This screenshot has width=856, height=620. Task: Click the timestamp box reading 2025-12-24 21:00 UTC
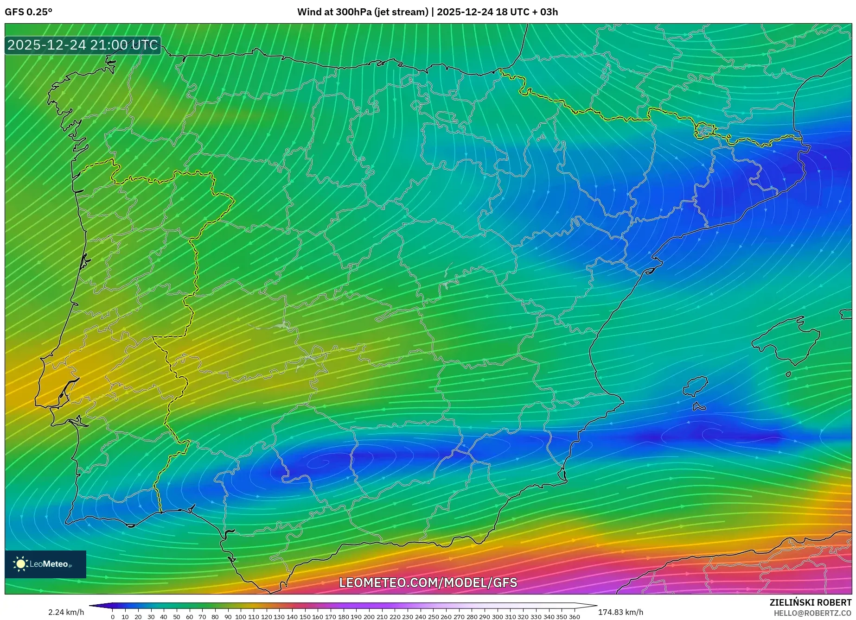click(83, 45)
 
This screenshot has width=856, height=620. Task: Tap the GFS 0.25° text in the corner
click(28, 12)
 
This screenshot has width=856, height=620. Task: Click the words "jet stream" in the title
click(403, 12)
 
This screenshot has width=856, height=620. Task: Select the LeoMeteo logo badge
click(45, 564)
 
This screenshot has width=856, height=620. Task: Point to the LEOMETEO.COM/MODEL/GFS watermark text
click(428, 582)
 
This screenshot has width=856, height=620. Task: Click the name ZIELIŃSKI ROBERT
click(810, 602)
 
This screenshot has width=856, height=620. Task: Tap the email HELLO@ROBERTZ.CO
click(812, 613)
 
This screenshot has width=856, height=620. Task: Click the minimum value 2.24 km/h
click(66, 612)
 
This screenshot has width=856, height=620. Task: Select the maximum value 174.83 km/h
click(620, 612)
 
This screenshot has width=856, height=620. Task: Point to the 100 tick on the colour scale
click(240, 617)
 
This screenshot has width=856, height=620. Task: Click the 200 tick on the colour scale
click(369, 617)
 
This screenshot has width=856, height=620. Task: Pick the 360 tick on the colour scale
click(574, 617)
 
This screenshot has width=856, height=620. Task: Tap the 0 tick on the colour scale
click(113, 617)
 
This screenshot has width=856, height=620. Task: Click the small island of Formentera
click(699, 407)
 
